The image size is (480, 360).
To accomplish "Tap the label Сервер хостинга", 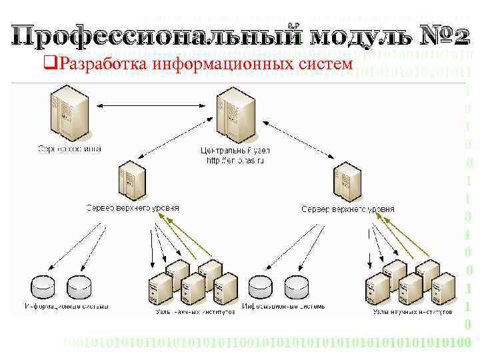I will click(x=70, y=149).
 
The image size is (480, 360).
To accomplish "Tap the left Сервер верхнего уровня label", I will click(x=132, y=208).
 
